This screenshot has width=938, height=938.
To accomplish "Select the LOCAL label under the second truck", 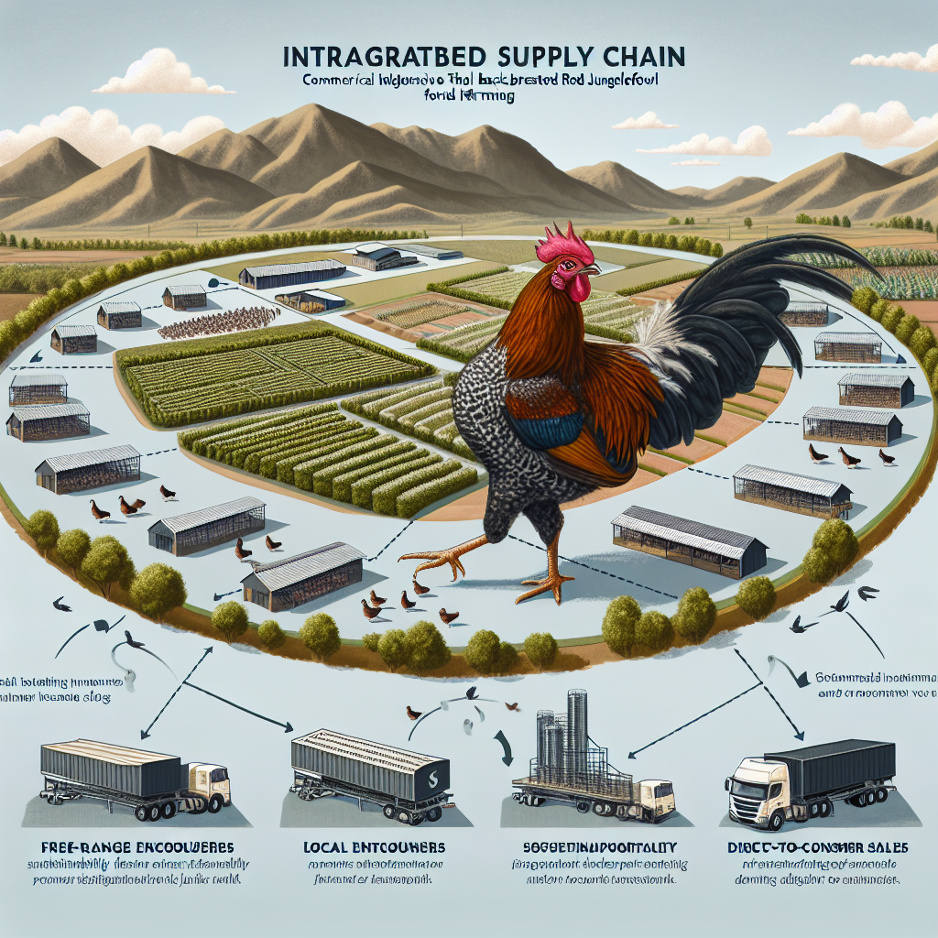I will [x=326, y=847].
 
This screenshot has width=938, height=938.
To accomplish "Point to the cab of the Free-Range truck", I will [x=208, y=786].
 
